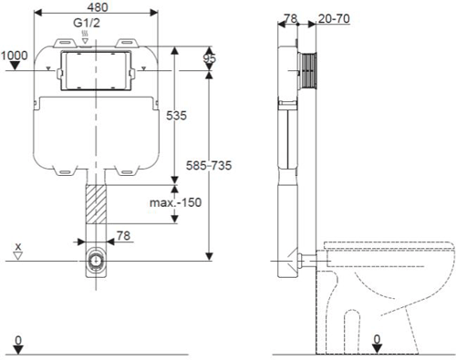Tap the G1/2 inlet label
[86, 25]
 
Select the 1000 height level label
[15, 56]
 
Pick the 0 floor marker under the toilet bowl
[377, 341]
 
